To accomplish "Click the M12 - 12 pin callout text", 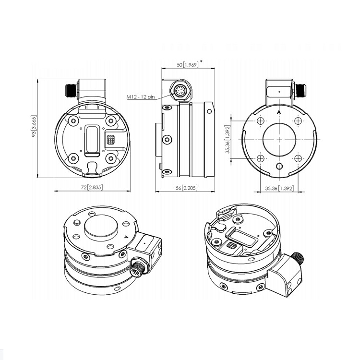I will (141, 97).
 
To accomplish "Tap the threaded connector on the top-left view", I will (70, 90).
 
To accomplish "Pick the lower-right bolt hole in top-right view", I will (298, 158).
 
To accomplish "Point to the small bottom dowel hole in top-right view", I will (279, 167).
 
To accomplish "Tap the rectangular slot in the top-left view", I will (91, 141).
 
